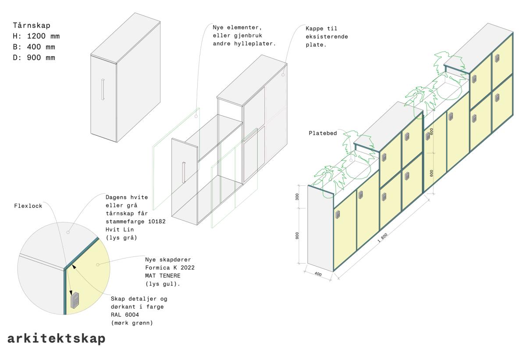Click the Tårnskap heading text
point(32,25)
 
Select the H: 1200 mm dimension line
point(36,36)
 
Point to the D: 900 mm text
point(34,58)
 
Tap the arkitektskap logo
point(57,339)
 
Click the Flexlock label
point(28,206)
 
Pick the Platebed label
point(323,133)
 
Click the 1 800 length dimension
point(382,237)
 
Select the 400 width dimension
point(318,274)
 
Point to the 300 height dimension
point(297,197)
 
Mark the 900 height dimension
point(297,236)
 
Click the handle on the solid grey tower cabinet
point(103,89)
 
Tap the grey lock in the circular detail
point(75,300)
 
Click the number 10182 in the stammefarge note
point(156,221)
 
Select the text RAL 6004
point(124,315)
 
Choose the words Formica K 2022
point(170,268)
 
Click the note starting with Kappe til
point(327,37)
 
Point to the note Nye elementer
point(244,35)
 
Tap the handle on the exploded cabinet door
point(184,172)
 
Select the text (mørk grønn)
point(132,323)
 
